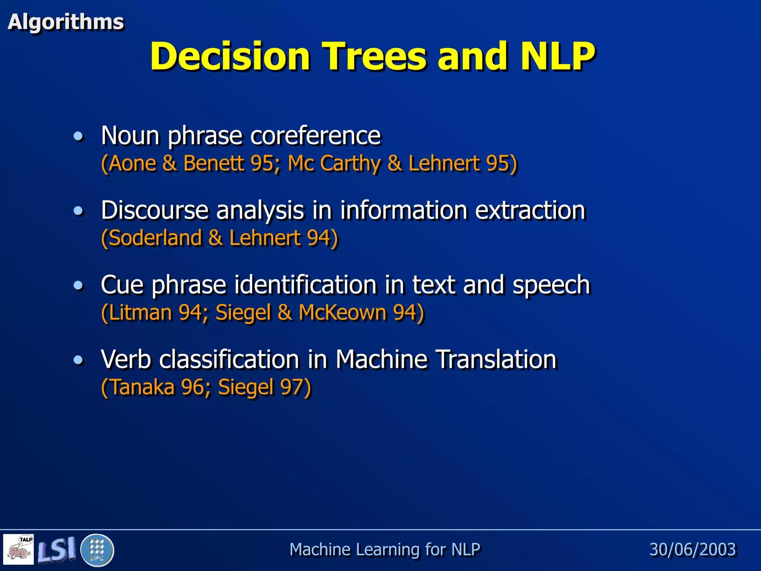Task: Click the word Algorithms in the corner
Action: (x=65, y=22)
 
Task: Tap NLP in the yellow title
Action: (x=557, y=56)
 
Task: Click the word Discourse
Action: (x=154, y=210)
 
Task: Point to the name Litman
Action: (x=140, y=312)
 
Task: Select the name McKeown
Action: (x=342, y=312)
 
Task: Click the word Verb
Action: (x=126, y=359)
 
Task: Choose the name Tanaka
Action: (x=142, y=387)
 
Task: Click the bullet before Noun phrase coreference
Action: (x=78, y=136)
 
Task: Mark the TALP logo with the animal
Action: (x=19, y=549)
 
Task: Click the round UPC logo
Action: (x=97, y=550)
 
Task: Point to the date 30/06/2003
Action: (x=692, y=549)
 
